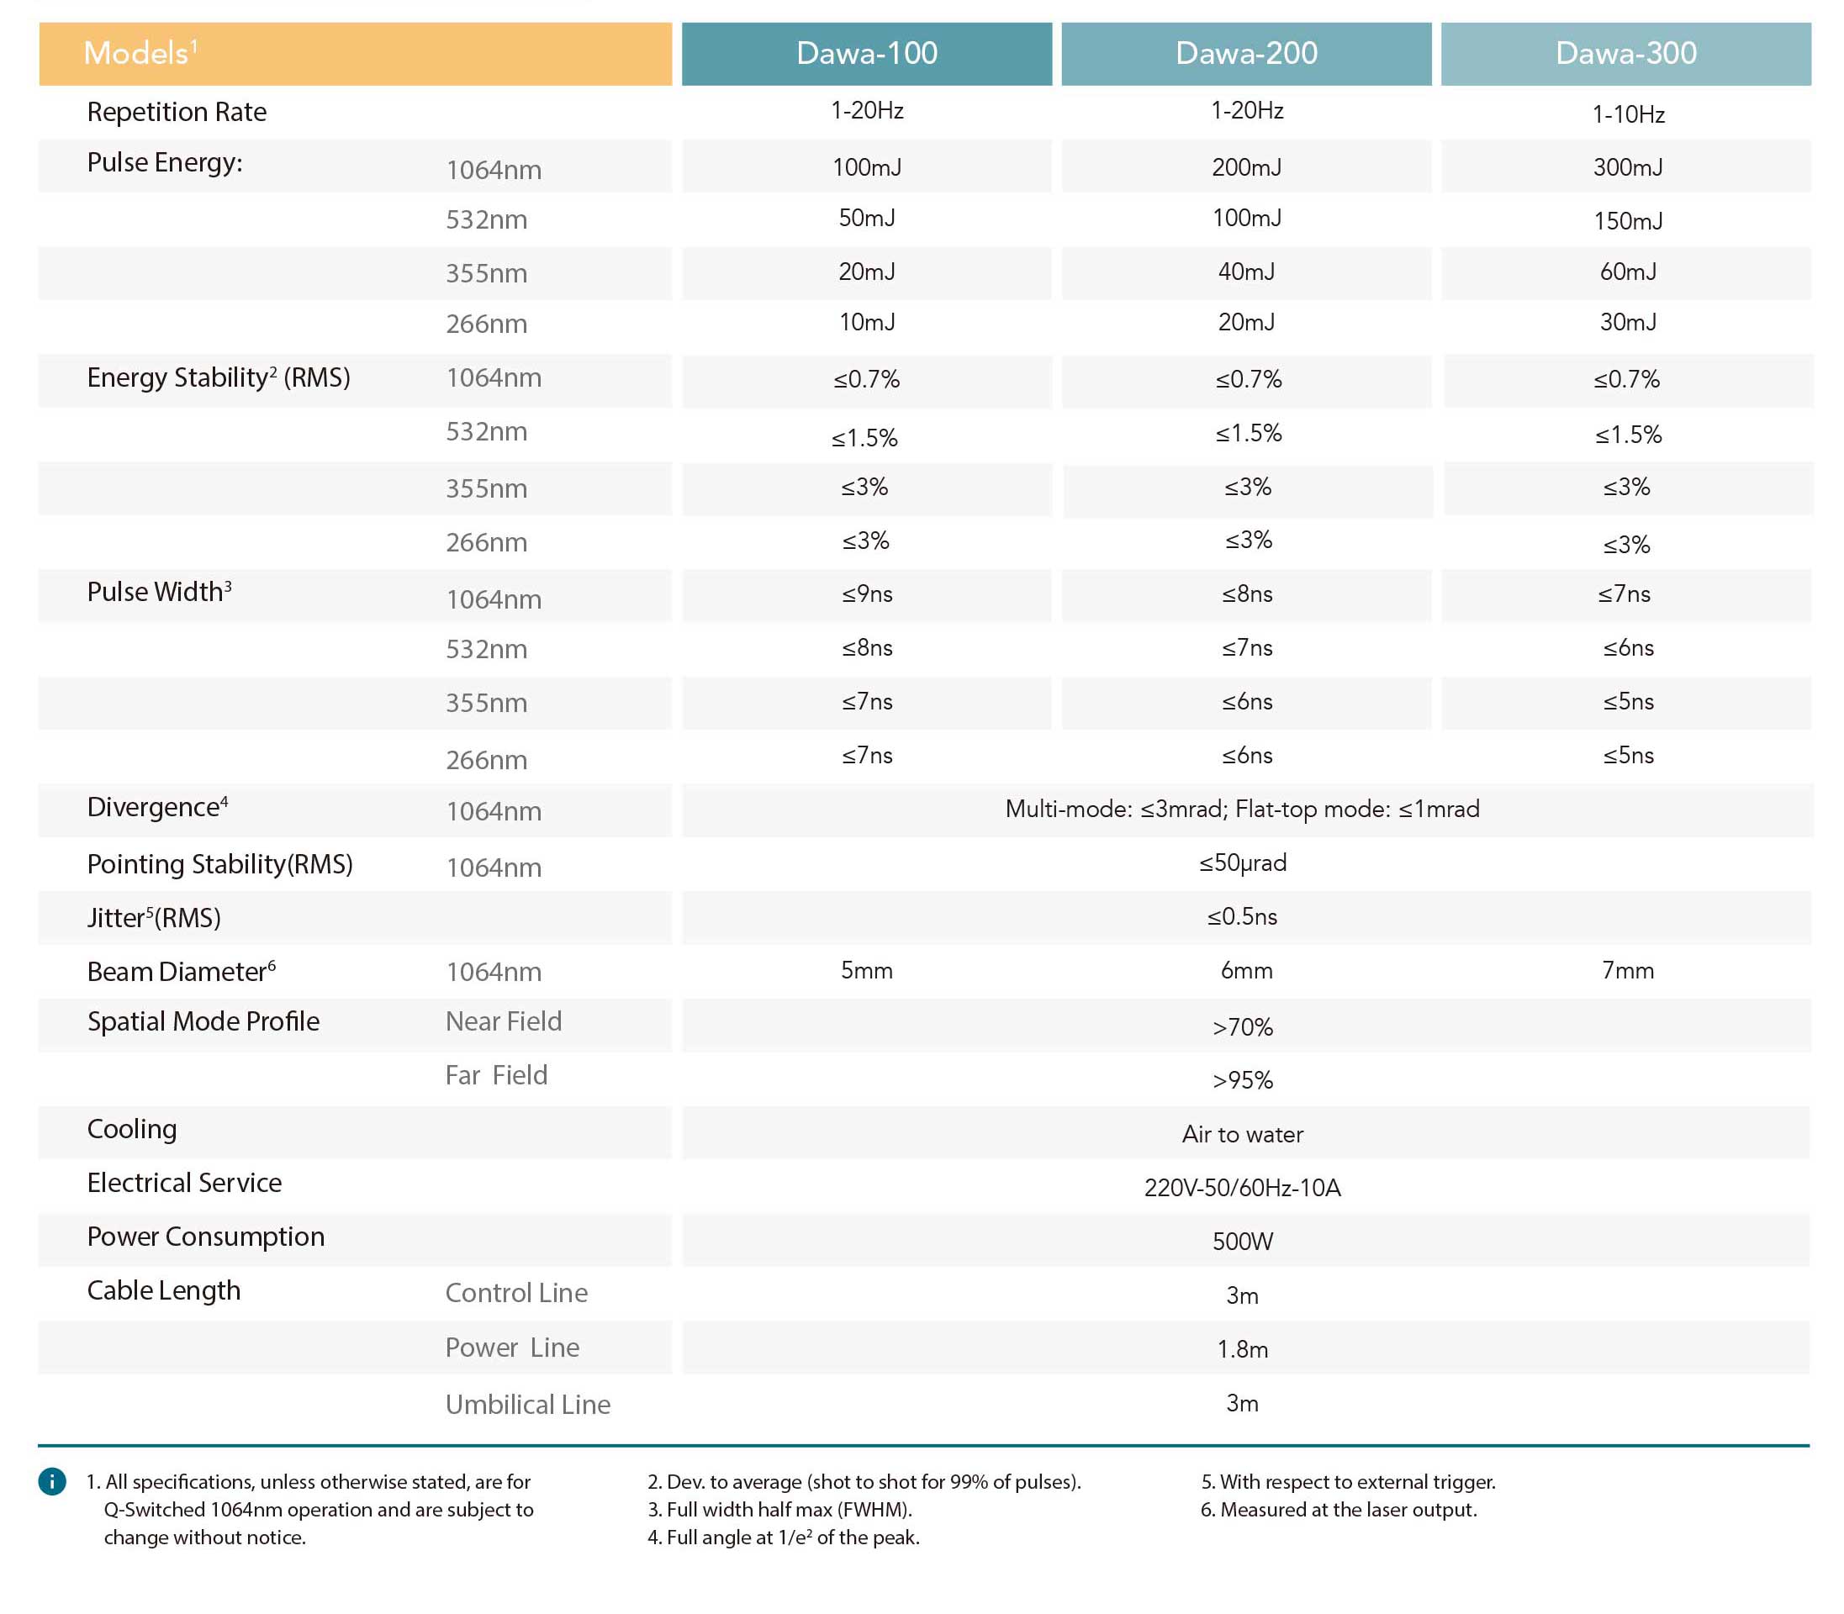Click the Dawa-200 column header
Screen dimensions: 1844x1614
1246,54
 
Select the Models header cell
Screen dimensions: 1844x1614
355,54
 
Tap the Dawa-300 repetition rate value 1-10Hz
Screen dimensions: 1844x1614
1628,114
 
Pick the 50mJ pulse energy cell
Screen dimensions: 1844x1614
867,218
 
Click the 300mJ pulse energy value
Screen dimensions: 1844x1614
1628,167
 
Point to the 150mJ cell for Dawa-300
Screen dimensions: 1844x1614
1628,220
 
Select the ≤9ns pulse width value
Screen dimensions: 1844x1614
867,594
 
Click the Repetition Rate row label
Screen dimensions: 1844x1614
177,112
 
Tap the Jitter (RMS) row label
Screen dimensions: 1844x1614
154,918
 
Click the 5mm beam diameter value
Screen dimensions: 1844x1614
867,971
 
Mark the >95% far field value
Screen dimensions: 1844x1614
1242,1081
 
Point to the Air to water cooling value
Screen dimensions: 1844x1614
1242,1135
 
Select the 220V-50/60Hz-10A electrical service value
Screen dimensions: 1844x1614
1242,1189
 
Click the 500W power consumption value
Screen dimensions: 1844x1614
1242,1242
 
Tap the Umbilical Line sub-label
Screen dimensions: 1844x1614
528,1404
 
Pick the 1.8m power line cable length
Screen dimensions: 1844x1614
1242,1349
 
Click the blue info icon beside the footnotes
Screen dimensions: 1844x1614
52,1481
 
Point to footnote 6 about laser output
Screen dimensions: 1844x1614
1339,1510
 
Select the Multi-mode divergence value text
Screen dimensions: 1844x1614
1242,810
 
